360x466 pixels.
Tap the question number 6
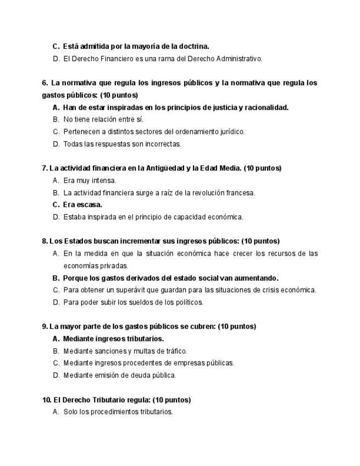[44, 83]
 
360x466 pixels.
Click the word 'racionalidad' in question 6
[267, 107]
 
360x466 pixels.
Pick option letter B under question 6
[56, 119]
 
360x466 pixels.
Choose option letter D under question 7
[56, 217]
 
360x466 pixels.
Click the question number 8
[44, 241]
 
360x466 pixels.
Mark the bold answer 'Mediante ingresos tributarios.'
[113, 339]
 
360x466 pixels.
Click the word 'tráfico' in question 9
[174, 351]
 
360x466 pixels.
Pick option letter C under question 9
[56, 363]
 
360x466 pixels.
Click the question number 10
[46, 400]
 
